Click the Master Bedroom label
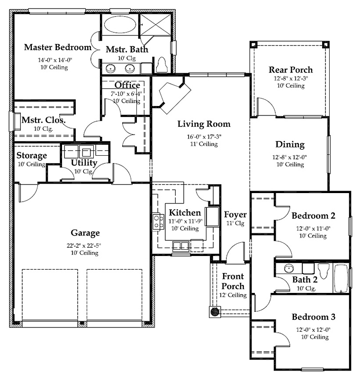[x=58, y=47]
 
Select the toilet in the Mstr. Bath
[x=162, y=65]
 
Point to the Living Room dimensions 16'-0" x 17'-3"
[x=204, y=137]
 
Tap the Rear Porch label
[x=291, y=70]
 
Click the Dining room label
[x=290, y=145]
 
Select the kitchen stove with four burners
[x=158, y=222]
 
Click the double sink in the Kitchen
[x=181, y=246]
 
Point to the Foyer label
[x=235, y=214]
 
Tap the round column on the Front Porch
[x=215, y=312]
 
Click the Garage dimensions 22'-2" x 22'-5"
[x=84, y=246]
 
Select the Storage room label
[x=32, y=155]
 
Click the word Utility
[x=84, y=163]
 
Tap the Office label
[x=127, y=85]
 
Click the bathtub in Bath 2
[x=341, y=278]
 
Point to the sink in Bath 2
[x=288, y=268]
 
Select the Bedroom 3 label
[x=314, y=317]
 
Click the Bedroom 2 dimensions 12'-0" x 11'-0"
[x=313, y=228]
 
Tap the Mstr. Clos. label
[x=44, y=120]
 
